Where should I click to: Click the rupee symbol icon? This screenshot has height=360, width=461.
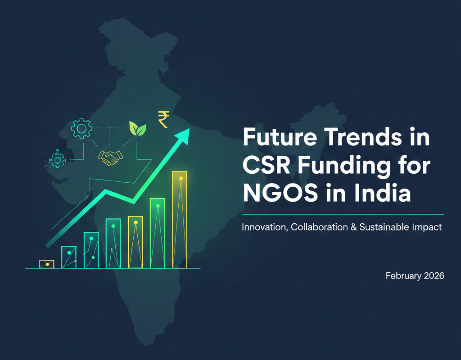[163, 119]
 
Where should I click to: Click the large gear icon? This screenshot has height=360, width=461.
[81, 130]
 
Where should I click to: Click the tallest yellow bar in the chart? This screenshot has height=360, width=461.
[180, 219]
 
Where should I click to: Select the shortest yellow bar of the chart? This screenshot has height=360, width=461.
[47, 264]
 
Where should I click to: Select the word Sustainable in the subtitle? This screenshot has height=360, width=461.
[383, 228]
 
